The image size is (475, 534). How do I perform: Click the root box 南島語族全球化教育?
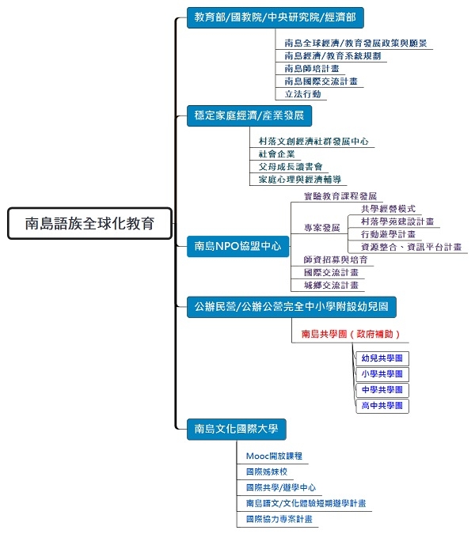pos(90,223)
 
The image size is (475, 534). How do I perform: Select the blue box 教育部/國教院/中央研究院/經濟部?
pos(275,17)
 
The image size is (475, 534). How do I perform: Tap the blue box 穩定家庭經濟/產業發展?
pos(249,116)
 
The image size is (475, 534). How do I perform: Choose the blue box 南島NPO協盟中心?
pos(237,246)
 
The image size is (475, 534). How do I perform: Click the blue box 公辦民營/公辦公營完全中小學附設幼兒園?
pos(291,307)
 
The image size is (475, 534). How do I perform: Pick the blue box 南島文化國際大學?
pos(237,429)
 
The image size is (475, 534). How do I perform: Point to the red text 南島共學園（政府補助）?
pos(351,334)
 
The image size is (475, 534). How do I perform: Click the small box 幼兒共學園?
pos(382,358)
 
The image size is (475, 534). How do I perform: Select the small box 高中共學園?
pos(382,406)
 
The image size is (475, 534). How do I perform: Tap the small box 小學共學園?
pos(382,374)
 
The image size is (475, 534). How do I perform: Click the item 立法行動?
pos(303,94)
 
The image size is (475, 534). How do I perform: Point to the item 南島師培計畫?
pos(312,69)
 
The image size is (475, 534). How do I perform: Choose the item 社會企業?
pos(276,154)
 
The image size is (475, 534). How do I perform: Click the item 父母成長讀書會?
pos(291,167)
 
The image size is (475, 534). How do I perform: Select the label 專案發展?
pos(322,228)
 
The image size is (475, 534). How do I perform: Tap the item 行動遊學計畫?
pos(389,234)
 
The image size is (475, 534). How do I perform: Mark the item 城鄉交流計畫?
pos(331,286)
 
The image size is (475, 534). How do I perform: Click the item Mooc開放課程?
pos(274,456)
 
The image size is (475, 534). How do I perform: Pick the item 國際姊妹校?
pos(267,472)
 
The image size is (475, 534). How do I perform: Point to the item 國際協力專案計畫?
pos(279,519)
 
